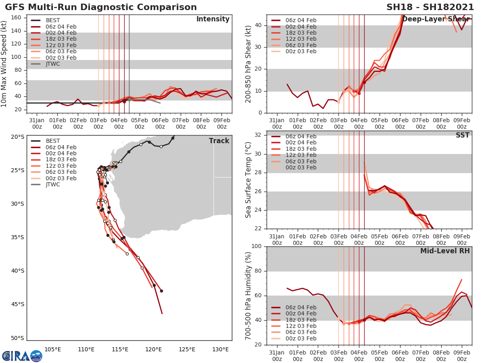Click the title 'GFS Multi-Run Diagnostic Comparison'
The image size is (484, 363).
tap(101, 7)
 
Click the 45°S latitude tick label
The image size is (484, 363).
tap(17, 304)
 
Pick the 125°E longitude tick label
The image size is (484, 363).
tap(187, 349)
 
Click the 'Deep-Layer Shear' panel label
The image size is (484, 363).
tap(436, 19)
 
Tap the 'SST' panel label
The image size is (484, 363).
tap(462, 136)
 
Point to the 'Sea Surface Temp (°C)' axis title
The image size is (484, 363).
tap(248, 180)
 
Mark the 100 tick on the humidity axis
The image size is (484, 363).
tap(257, 246)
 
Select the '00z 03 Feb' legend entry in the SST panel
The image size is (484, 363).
tap(300, 167)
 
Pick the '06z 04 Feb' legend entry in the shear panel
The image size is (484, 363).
tap(300, 20)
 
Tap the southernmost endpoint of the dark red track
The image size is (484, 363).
tap(162, 313)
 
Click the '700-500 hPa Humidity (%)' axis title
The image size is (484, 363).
tap(248, 296)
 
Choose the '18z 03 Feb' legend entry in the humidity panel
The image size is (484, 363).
tap(300, 320)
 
